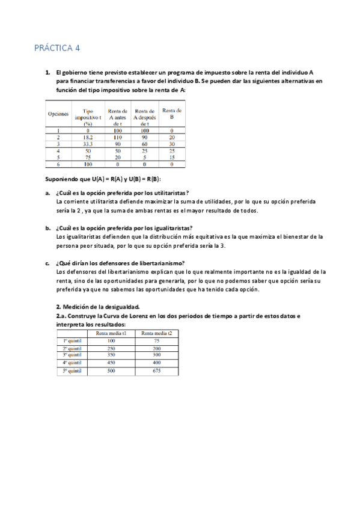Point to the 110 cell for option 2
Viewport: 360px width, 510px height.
117,137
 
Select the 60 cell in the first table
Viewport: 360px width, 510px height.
145,144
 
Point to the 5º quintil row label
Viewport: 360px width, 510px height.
72,371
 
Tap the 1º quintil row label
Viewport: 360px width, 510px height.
72,340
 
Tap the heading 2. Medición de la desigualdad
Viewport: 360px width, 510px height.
97,307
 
